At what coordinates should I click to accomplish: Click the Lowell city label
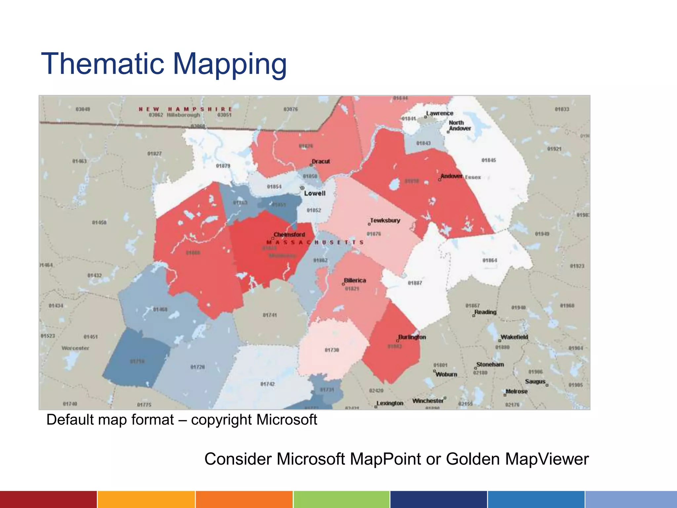pyautogui.click(x=315, y=193)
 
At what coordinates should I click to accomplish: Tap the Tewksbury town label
pyautogui.click(x=385, y=220)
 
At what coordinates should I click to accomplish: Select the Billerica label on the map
pyautogui.click(x=355, y=280)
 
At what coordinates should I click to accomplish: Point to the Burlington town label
pyautogui.click(x=412, y=337)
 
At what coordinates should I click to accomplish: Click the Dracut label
pyautogui.click(x=321, y=161)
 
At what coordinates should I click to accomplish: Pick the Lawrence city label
pyautogui.click(x=440, y=113)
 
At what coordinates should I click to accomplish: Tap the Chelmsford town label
pyautogui.click(x=289, y=234)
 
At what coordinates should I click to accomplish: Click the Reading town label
pyautogui.click(x=485, y=312)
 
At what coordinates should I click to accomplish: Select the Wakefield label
pyautogui.click(x=514, y=337)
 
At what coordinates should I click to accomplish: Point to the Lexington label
pyautogui.click(x=390, y=403)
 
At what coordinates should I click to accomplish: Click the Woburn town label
pyautogui.click(x=446, y=374)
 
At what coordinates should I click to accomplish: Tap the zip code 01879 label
pyautogui.click(x=223, y=166)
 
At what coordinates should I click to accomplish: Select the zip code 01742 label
pyautogui.click(x=267, y=384)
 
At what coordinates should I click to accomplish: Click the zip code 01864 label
pyautogui.click(x=490, y=260)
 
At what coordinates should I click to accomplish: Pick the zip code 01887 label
pyautogui.click(x=415, y=283)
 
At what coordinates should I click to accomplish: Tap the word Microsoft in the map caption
pyautogui.click(x=286, y=420)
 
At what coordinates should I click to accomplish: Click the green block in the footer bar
pyautogui.click(x=341, y=499)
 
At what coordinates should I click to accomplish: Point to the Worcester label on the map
pyautogui.click(x=75, y=348)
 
